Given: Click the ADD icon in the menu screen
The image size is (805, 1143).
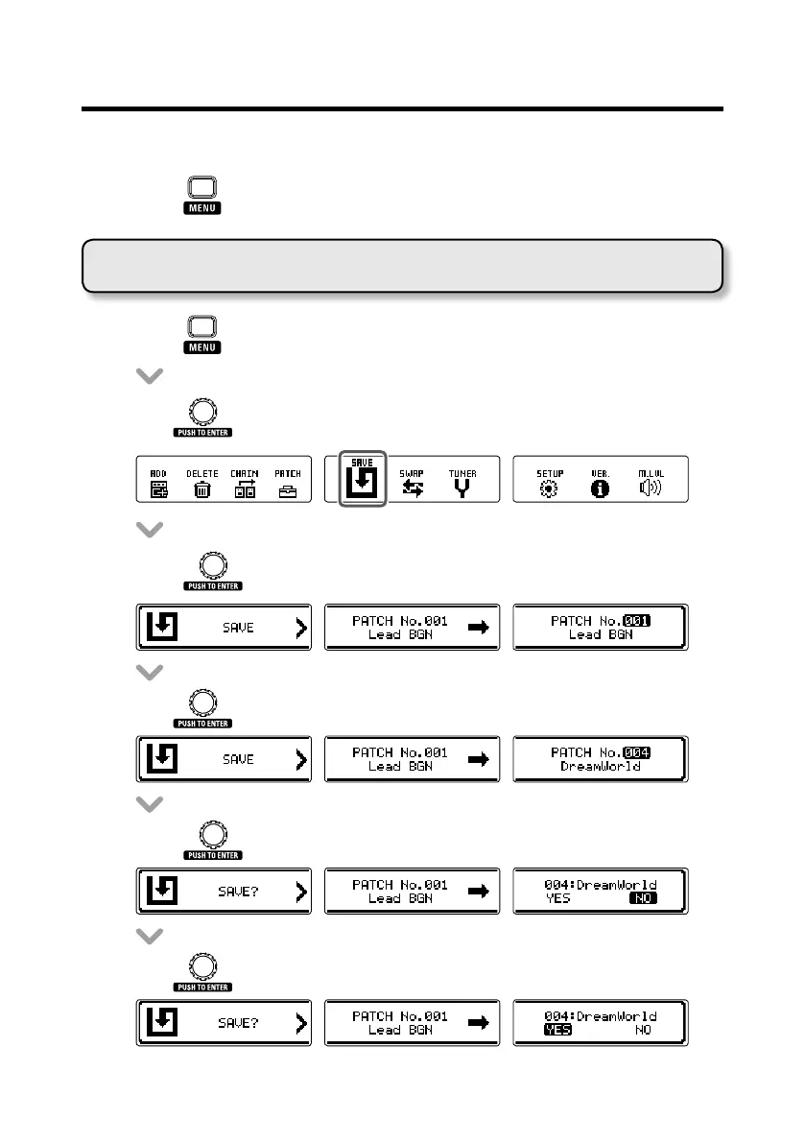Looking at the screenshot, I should click(158, 489).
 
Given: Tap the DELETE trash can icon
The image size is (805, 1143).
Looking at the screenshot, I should click(201, 489).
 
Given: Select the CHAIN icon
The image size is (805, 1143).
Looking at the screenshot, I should click(245, 489).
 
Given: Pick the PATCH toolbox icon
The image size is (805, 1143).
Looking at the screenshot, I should click(288, 489).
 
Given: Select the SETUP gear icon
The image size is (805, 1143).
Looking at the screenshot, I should click(550, 488).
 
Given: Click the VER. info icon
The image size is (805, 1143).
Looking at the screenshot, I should click(601, 488).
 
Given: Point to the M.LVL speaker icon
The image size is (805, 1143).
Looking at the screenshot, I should click(650, 488).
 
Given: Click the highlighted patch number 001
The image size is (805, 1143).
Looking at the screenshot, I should click(637, 621).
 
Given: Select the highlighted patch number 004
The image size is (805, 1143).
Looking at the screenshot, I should click(637, 752).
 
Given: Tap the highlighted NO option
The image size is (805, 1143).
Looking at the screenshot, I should click(643, 898).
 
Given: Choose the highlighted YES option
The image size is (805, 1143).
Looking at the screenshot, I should click(557, 1030).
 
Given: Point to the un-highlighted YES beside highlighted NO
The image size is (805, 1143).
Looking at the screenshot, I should click(557, 898).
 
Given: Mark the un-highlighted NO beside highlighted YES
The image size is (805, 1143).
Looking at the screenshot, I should click(645, 1030).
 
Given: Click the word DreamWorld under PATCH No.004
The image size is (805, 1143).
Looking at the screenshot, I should click(601, 767).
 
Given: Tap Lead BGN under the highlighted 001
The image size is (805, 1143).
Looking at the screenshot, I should click(601, 634).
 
